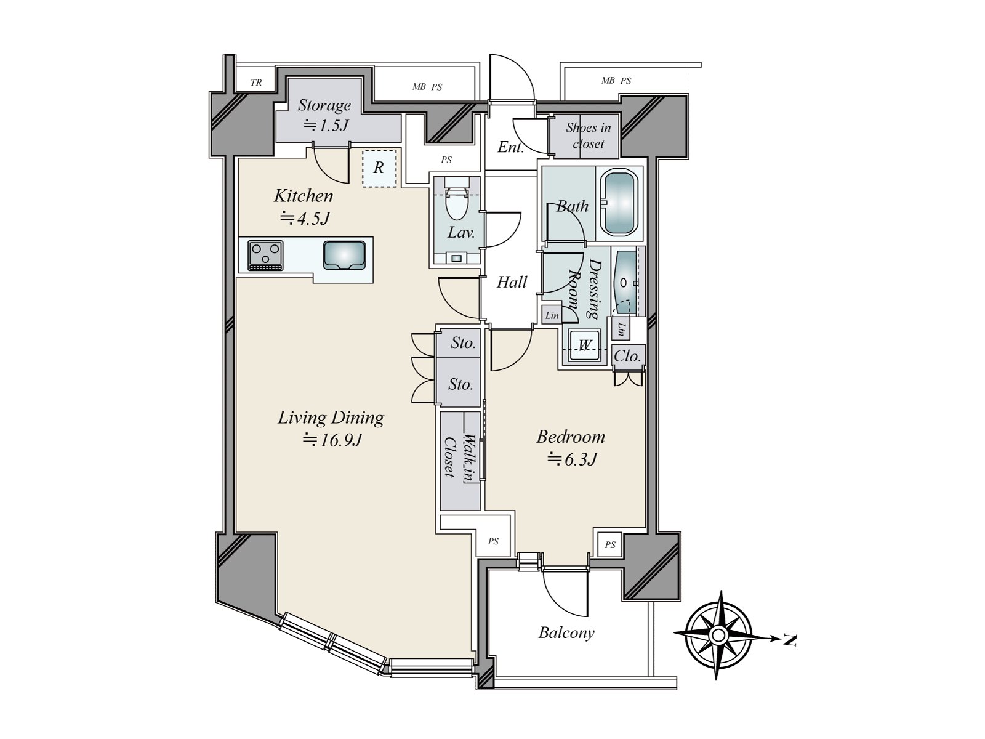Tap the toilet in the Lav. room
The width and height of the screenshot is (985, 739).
pos(456,203)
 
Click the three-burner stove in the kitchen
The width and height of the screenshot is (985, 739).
pos(266,254)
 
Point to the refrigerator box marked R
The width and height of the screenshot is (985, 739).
pos(379,168)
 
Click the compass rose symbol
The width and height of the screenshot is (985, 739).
pos(718,635)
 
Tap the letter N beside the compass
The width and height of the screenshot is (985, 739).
pos(790,641)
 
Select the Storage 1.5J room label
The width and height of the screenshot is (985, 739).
pos(324,115)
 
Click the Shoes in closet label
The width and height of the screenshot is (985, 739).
pos(588,135)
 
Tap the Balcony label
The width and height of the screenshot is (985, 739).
pos(566,632)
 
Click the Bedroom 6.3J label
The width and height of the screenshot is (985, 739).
pos(571,447)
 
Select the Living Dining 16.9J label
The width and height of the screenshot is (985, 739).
pos(331,428)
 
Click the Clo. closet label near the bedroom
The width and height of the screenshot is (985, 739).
pos(627,356)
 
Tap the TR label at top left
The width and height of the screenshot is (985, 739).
pos(256,82)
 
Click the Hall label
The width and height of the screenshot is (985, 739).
pos(512,282)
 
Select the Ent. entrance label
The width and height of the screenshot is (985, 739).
pos(510,147)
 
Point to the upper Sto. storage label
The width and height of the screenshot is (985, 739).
pos(462,342)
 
